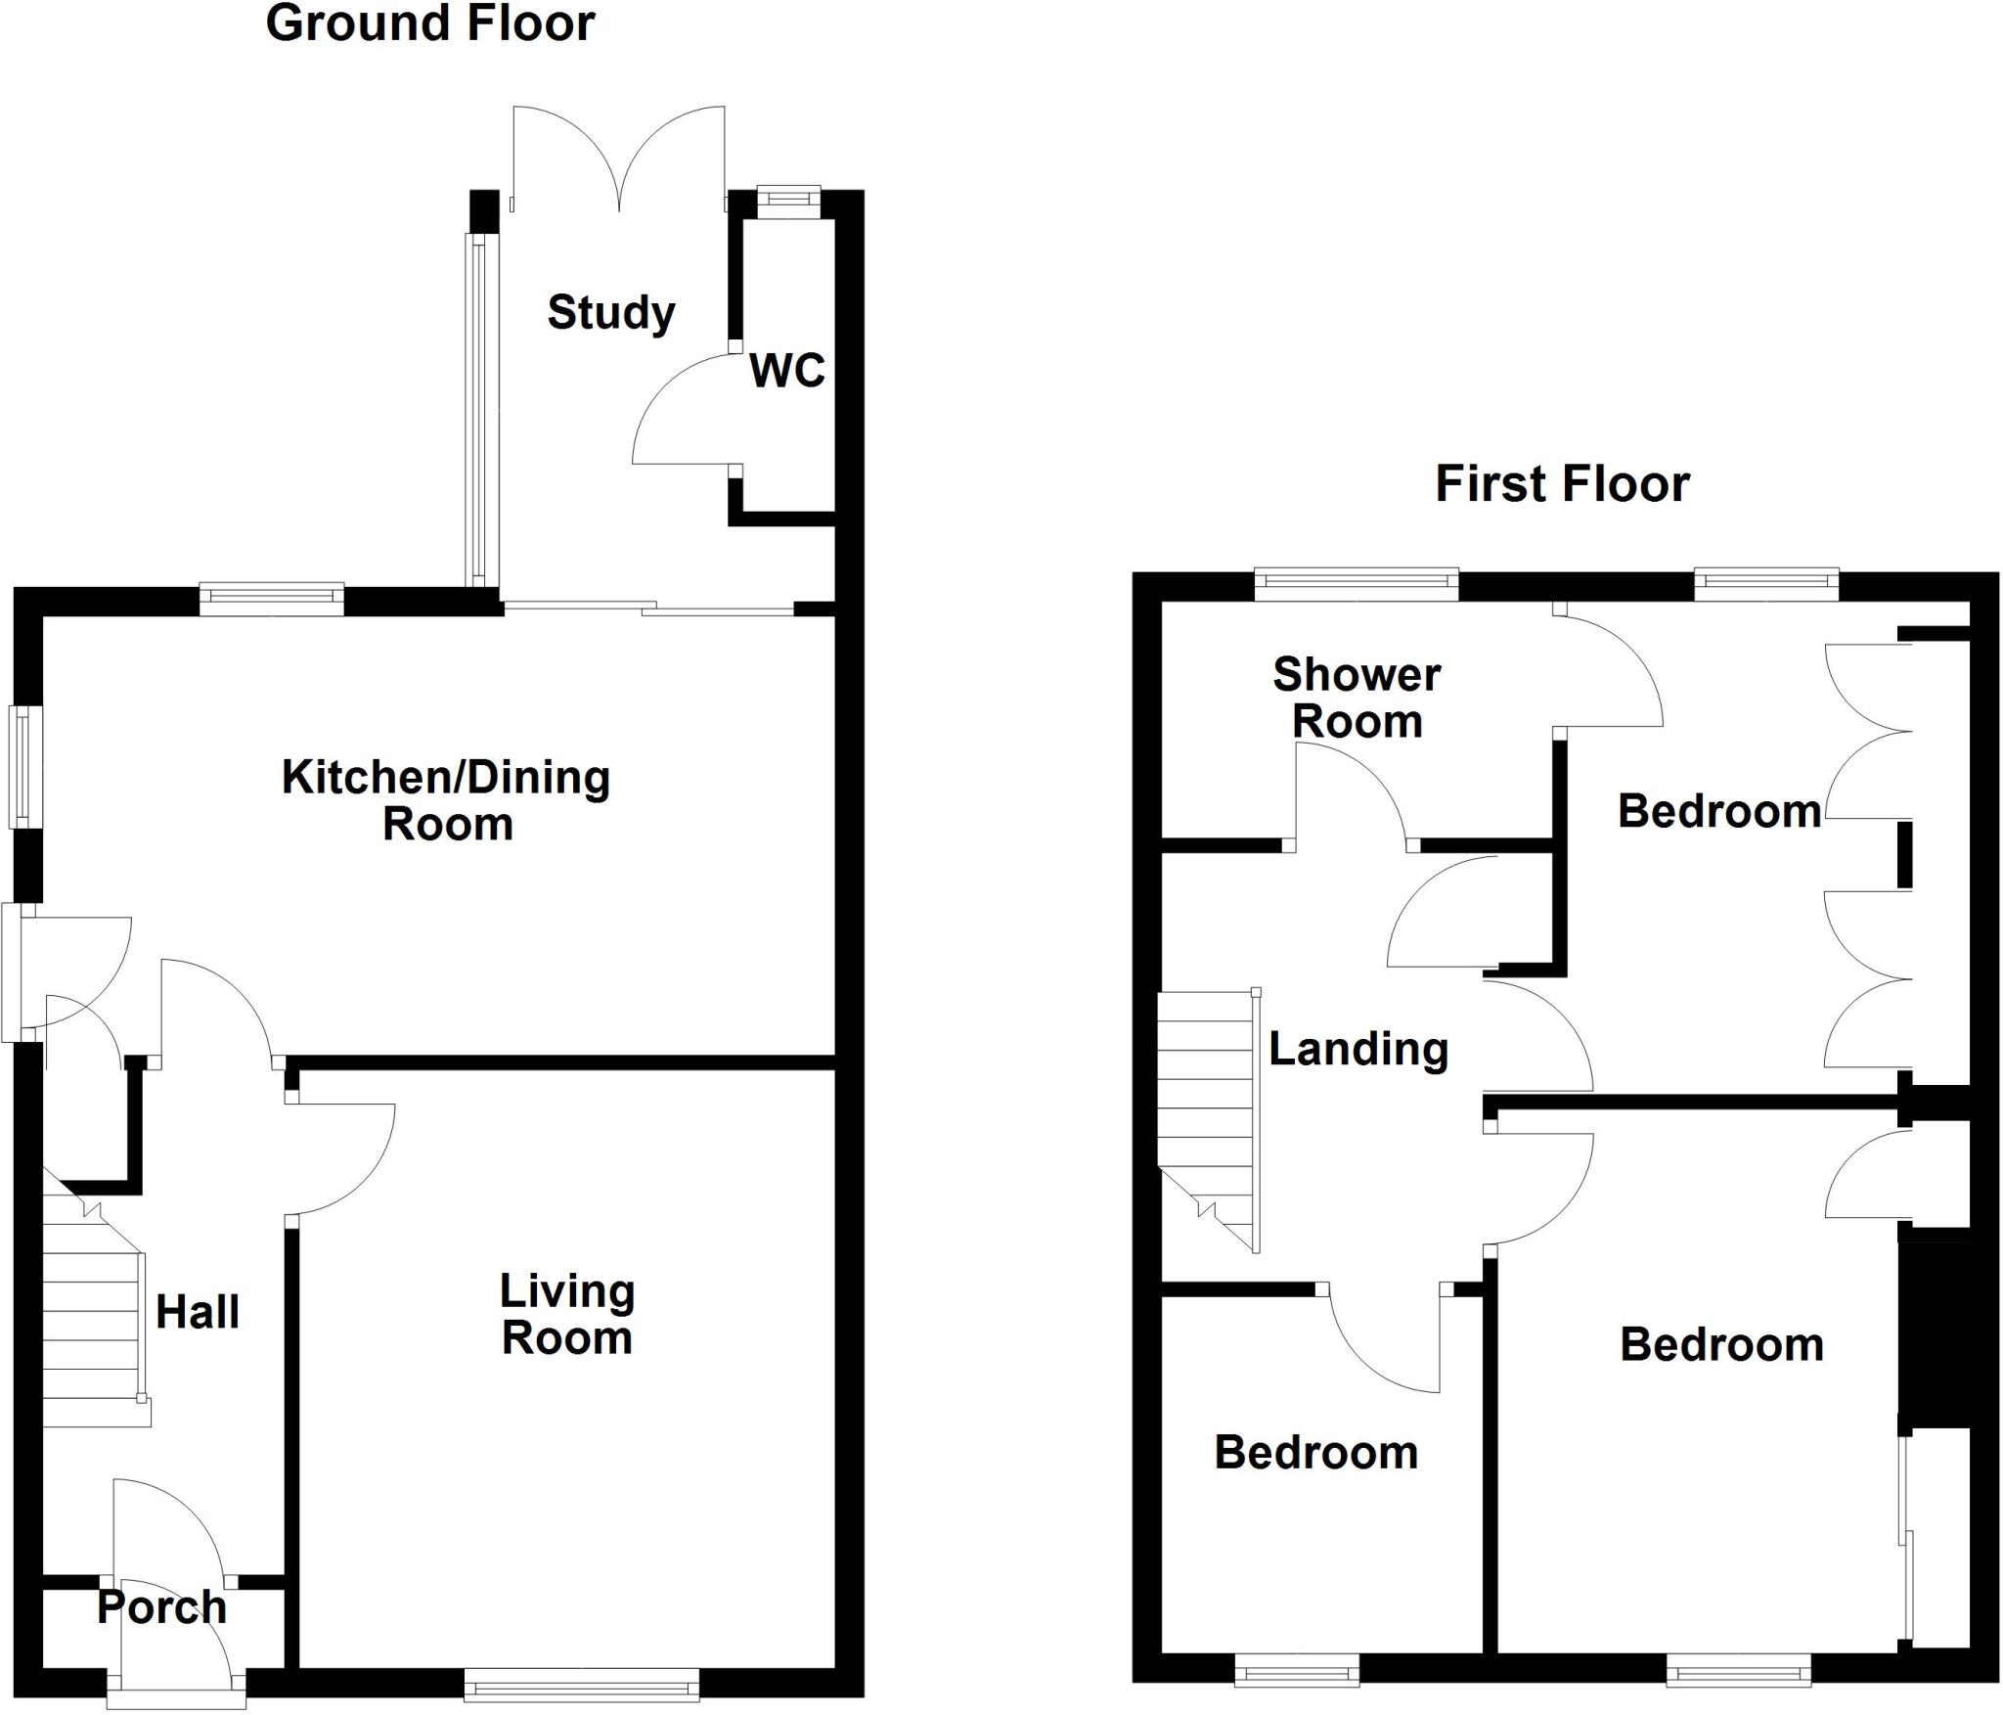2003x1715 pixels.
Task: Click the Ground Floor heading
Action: pyautogui.click(x=430, y=23)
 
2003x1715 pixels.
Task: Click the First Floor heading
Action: pyautogui.click(x=1562, y=484)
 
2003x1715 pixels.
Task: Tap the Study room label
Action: pyautogui.click(x=611, y=313)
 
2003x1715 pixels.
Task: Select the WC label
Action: pyautogui.click(x=787, y=371)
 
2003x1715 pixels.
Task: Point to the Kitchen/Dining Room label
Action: pyautogui.click(x=446, y=800)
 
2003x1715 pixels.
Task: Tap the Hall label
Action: pyautogui.click(x=198, y=1312)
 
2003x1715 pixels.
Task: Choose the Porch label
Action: pyautogui.click(x=161, y=1607)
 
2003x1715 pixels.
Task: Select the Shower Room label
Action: pyautogui.click(x=1357, y=698)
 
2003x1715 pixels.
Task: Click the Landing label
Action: pyautogui.click(x=1358, y=1049)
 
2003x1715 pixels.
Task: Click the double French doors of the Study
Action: pyautogui.click(x=618, y=161)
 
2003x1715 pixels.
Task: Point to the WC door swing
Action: pyautogui.click(x=685, y=411)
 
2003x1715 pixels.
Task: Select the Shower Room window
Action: pyautogui.click(x=1357, y=585)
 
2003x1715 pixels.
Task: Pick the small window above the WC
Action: pyautogui.click(x=788, y=199)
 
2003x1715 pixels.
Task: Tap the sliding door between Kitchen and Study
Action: pyautogui.click(x=648, y=609)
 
